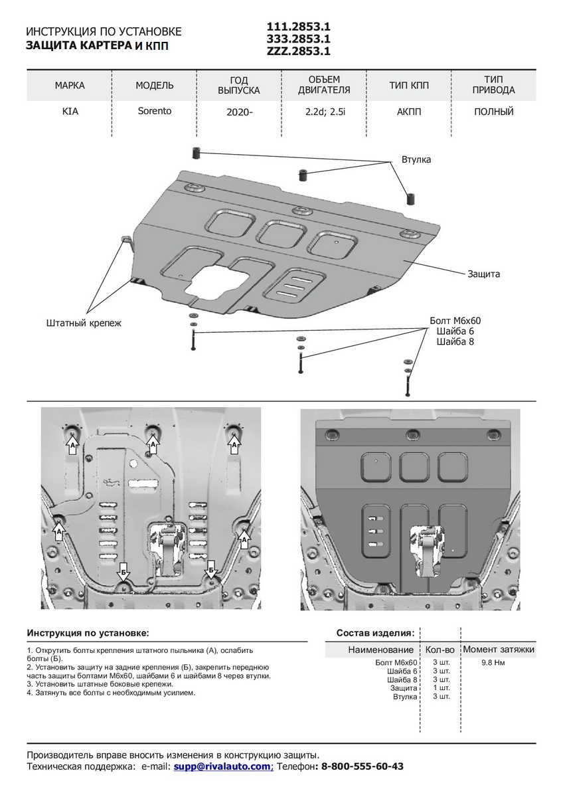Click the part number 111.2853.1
coord(298,27)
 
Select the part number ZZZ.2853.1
coord(298,50)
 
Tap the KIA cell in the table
coord(70,112)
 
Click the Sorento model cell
coord(154,111)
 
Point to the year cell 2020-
coord(239,112)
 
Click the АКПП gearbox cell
coord(409,112)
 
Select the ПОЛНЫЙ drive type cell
coord(494,112)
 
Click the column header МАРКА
coord(70,86)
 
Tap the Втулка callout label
coord(416,160)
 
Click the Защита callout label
coord(483,274)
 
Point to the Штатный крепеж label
coord(84,323)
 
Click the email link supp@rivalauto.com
coord(223,766)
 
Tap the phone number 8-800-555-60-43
coord(362,766)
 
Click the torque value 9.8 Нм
coord(493,663)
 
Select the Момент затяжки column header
coord(499,650)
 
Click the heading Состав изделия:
coord(375,633)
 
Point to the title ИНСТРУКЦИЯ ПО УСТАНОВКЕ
coord(103,32)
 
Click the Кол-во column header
coord(440,650)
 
